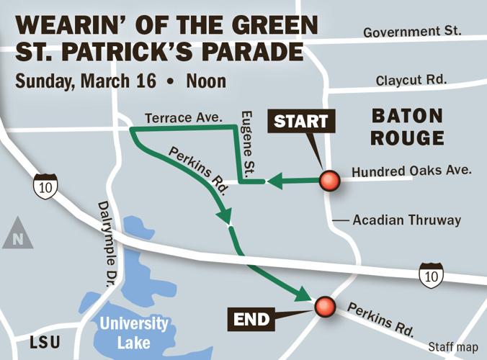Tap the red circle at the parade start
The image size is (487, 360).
(330, 181)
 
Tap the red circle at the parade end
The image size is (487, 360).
(324, 306)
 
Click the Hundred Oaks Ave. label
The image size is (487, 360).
(411, 171)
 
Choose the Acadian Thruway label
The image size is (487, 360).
(406, 220)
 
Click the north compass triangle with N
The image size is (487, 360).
(17, 236)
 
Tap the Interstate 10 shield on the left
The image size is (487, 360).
(45, 187)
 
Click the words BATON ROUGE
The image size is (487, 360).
(407, 125)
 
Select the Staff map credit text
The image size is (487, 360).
(452, 346)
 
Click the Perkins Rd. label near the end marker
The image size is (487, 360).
(381, 319)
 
